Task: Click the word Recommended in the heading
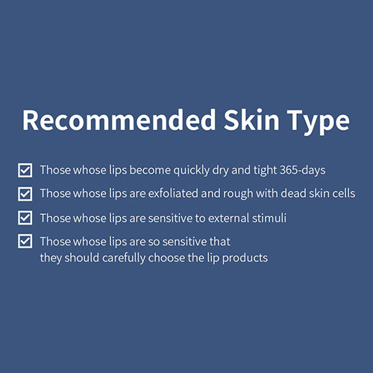point(119,120)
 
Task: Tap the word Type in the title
point(319,122)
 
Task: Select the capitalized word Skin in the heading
point(251,119)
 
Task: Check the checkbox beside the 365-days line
point(25,170)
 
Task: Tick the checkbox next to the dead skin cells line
point(25,194)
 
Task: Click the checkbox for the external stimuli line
point(25,218)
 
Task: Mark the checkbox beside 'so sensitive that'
point(25,241)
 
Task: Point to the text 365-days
point(303,171)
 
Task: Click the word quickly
point(192,171)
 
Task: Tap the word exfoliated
point(173,194)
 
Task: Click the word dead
point(293,194)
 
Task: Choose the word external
point(229,219)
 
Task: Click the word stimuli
point(269,218)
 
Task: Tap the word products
point(245,259)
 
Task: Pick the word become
point(150,170)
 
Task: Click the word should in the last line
point(82,257)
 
